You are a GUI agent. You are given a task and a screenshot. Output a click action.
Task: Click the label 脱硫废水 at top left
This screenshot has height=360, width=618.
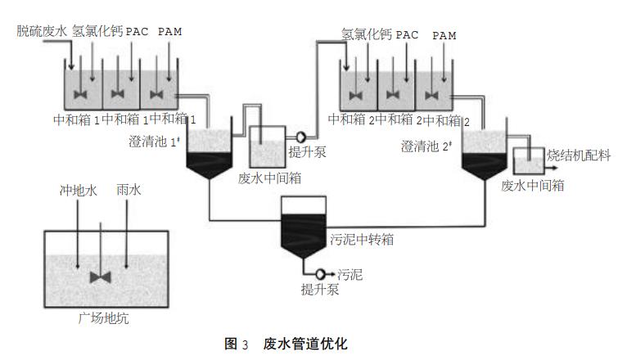click(x=42, y=32)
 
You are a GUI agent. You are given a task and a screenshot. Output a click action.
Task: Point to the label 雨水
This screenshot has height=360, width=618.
click(x=129, y=190)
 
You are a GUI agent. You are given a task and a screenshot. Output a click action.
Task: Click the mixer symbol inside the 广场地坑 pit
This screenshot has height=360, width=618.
click(x=101, y=277)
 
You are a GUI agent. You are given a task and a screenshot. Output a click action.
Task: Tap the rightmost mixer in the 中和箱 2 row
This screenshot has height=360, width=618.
click(x=432, y=95)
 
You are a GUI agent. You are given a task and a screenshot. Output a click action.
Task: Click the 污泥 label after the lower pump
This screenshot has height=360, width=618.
click(x=350, y=274)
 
